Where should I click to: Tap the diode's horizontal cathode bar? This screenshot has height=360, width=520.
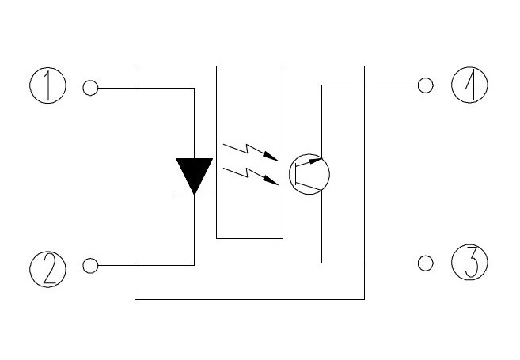click(x=195, y=195)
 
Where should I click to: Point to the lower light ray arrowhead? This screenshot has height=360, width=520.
click(x=271, y=180)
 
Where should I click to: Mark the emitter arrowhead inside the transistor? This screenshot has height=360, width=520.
click(x=315, y=161)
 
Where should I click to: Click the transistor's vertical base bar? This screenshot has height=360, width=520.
click(x=295, y=174)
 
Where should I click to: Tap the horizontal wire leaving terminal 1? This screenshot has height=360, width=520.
click(x=146, y=88)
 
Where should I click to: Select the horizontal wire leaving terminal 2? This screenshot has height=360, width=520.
click(x=146, y=265)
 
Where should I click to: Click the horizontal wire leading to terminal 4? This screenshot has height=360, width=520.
click(x=370, y=85)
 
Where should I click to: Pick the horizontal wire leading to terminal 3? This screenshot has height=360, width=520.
click(x=370, y=263)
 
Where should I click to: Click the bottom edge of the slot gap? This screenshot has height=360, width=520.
click(x=250, y=238)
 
